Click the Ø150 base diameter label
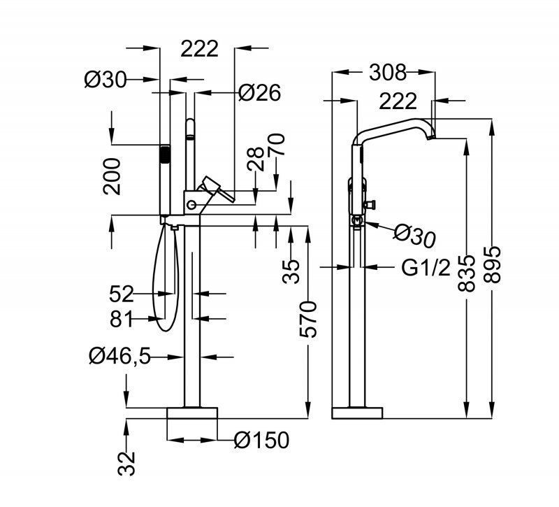[261, 440]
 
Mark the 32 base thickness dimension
[126, 462]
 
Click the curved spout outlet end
[430, 132]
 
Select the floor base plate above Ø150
[192, 413]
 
